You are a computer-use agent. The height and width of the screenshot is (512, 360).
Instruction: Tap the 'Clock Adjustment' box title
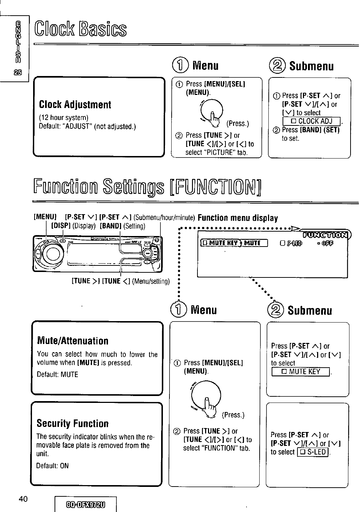coord(75,105)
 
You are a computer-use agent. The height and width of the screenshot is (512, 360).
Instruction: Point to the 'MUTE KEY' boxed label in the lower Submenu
coord(301,371)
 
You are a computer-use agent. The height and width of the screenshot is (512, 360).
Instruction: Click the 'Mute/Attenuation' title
coord(73,341)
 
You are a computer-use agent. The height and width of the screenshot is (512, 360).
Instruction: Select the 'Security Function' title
coord(73,424)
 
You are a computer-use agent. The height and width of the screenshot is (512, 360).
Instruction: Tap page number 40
coord(24,499)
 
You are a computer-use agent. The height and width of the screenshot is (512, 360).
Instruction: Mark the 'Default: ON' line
coord(52,466)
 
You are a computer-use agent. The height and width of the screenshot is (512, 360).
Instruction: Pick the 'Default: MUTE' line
coord(57,375)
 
